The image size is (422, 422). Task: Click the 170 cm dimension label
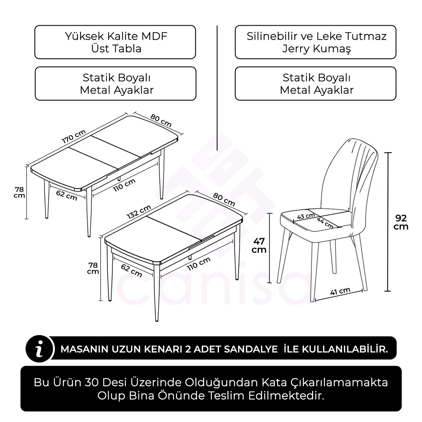pyautogui.click(x=74, y=136)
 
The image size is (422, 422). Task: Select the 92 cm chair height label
pyautogui.click(x=401, y=222)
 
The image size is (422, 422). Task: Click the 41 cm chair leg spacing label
pyautogui.click(x=340, y=292)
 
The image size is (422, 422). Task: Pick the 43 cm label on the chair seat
pyautogui.click(x=306, y=216)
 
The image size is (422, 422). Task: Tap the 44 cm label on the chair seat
pyautogui.click(x=325, y=223)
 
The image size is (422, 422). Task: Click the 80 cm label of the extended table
pyautogui.click(x=161, y=121)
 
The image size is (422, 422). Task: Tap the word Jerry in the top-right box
pyautogui.click(x=296, y=49)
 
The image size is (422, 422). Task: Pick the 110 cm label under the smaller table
pyautogui.click(x=199, y=263)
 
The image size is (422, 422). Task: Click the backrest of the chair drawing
pyautogui.click(x=348, y=172)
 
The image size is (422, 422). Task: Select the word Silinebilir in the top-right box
pyautogui.click(x=270, y=36)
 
